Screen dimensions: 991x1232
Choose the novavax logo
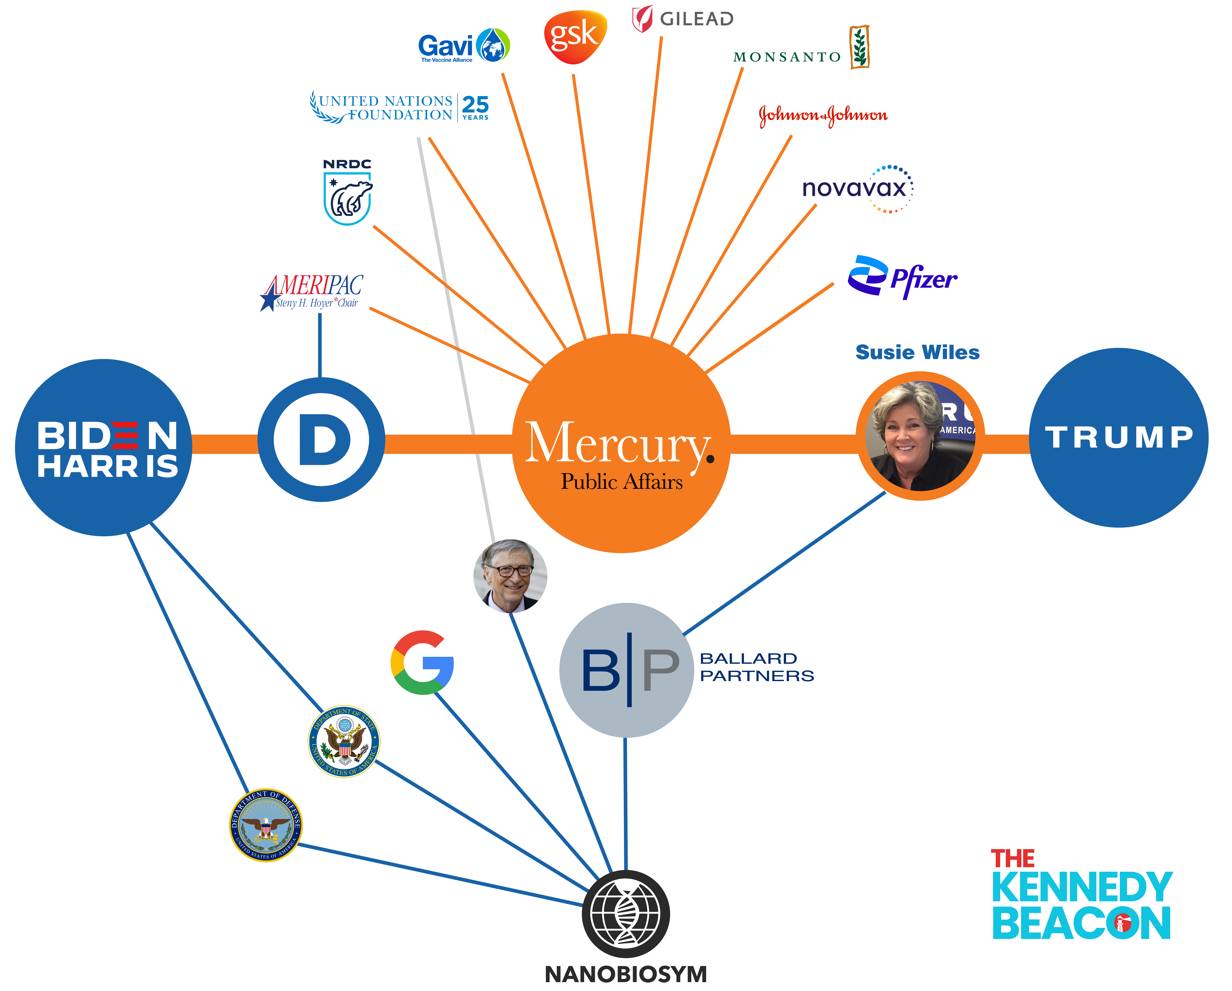(857, 189)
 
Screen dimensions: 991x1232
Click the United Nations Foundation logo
(399, 107)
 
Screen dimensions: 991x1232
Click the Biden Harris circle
(104, 448)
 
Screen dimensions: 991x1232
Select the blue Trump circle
(1118, 437)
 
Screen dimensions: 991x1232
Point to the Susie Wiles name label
(917, 353)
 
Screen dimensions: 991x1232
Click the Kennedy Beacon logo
(1081, 896)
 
